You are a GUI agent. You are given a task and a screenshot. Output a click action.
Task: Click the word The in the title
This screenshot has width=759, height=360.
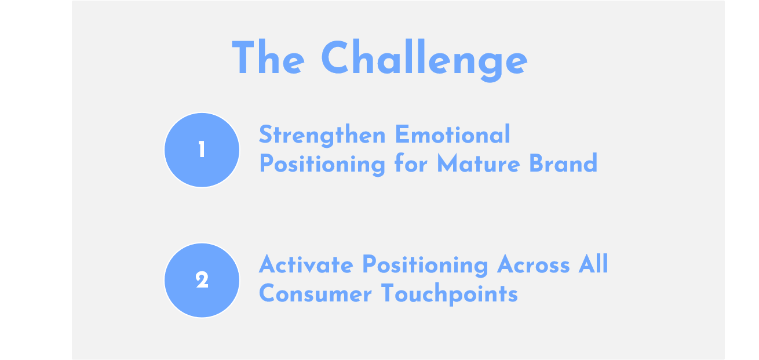pos(268,57)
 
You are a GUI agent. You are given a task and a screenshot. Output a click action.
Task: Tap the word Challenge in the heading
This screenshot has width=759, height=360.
pos(424,60)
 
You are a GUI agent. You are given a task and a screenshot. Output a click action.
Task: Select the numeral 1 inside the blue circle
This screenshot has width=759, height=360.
pos(202,150)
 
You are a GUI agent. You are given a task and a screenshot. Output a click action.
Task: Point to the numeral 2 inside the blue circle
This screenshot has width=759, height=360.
pos(202,280)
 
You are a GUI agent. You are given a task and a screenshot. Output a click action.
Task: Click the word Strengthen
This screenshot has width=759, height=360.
pos(322,136)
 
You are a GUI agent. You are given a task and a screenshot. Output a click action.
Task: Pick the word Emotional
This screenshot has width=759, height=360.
pos(453,134)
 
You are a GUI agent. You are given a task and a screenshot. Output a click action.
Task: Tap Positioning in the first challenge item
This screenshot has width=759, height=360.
pos(322,165)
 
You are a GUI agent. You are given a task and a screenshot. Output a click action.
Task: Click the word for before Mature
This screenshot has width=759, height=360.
pos(411,163)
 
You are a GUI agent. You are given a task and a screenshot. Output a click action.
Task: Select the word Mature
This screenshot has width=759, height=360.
pos(479,163)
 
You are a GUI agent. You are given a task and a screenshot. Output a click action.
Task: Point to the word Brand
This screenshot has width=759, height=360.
pos(563,163)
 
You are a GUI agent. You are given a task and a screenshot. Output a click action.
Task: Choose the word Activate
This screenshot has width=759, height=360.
pos(306,264)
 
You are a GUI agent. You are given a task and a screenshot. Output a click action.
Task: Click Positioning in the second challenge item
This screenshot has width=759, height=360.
pos(425,266)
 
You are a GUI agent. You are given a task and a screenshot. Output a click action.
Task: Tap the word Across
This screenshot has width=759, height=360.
pos(534,264)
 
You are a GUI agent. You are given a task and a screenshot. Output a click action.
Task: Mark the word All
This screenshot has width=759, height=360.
pos(593,263)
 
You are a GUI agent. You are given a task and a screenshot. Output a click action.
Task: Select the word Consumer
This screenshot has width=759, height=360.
pos(315,293)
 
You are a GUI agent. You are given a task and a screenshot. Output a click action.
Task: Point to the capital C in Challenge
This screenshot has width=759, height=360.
pos(335,57)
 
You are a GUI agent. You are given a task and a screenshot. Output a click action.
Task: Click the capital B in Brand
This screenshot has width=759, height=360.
pos(536,163)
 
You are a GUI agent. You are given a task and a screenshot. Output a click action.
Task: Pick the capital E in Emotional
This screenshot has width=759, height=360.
pos(401,134)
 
